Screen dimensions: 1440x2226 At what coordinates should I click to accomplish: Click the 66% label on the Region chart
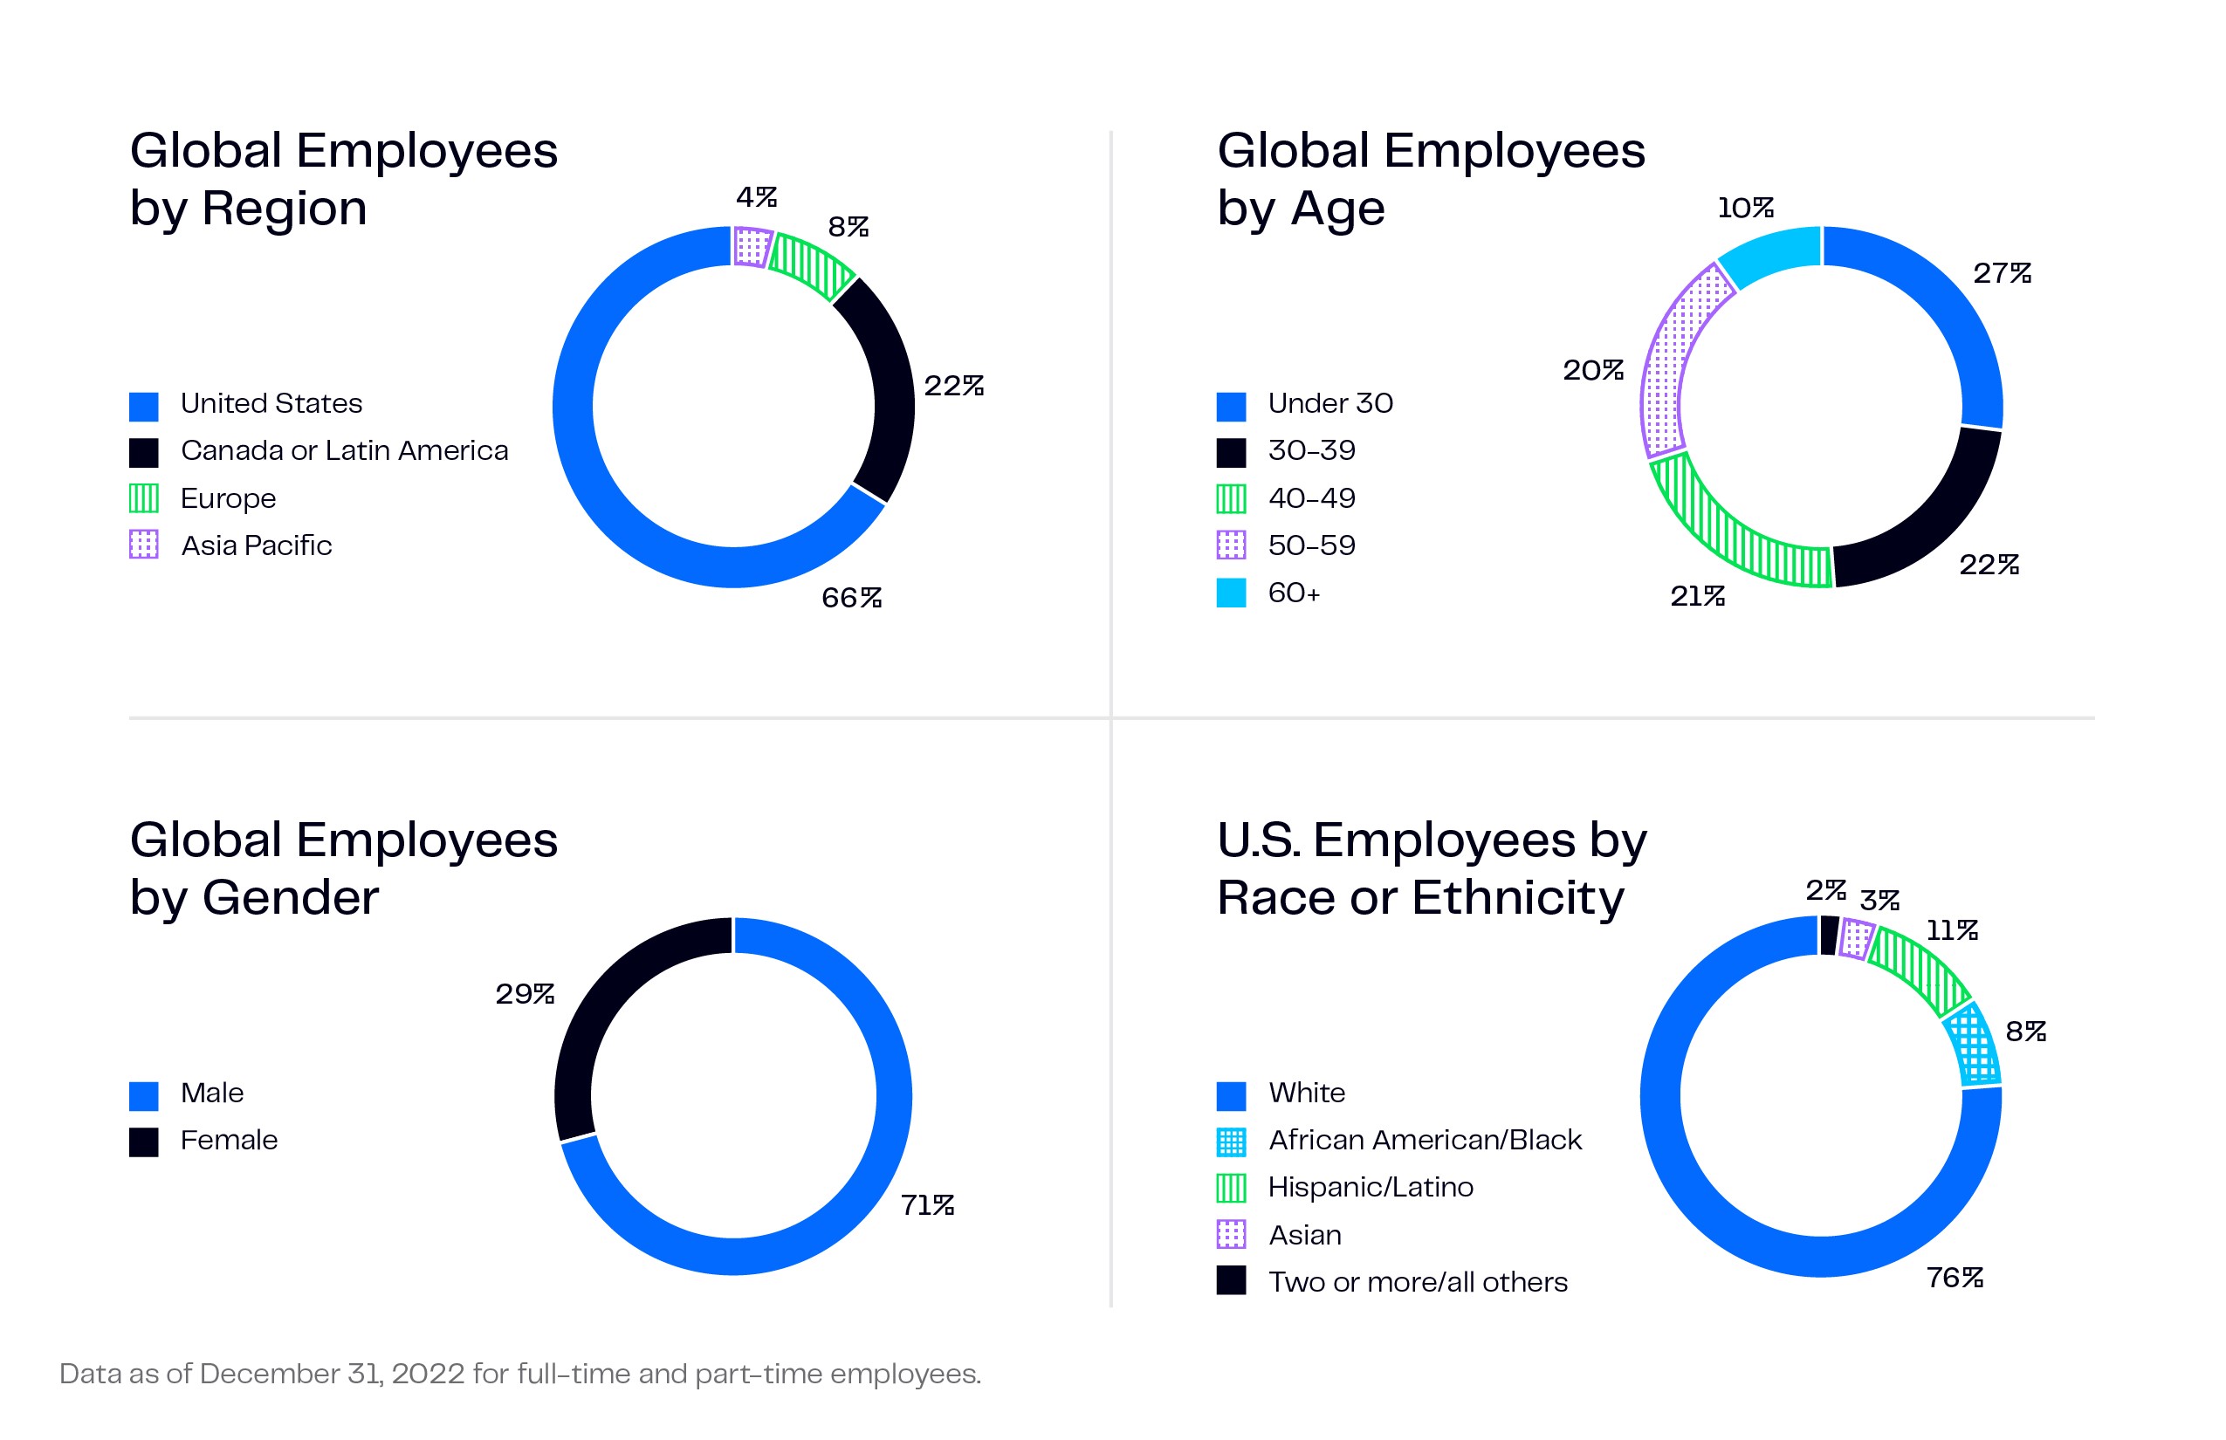[851, 598]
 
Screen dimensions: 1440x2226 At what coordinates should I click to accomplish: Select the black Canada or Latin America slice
[883, 388]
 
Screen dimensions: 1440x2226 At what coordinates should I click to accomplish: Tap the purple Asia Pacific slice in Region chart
[752, 247]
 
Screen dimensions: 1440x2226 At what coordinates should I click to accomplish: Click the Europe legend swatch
[143, 498]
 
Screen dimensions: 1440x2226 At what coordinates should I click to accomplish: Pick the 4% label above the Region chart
[756, 196]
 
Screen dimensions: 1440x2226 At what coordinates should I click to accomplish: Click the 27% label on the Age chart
[2002, 273]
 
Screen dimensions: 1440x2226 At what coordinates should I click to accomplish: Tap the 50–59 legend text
[1311, 545]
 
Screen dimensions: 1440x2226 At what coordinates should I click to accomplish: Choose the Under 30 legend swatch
[1231, 406]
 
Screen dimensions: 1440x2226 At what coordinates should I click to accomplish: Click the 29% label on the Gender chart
[525, 993]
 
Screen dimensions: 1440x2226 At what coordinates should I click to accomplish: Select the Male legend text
[212, 1093]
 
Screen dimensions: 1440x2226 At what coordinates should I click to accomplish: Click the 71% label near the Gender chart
[927, 1205]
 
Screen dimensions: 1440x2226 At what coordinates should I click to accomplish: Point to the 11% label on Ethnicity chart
[1952, 930]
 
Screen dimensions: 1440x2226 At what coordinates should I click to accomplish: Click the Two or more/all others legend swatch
[1231, 1280]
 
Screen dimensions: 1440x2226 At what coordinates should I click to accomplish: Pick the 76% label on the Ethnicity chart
[1955, 1278]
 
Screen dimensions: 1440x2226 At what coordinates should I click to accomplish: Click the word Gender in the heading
[291, 898]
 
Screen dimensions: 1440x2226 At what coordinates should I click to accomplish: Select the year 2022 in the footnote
[429, 1374]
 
